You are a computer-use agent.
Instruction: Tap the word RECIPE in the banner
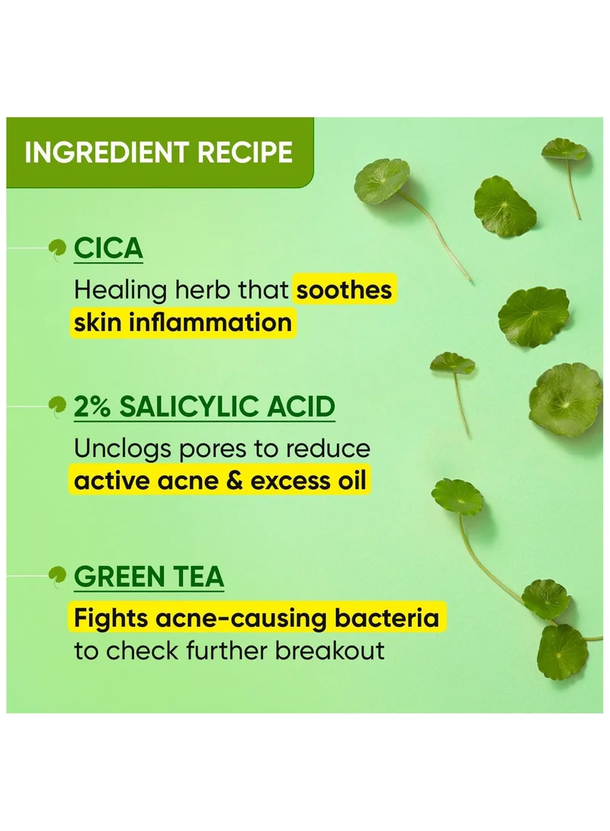coord(245,152)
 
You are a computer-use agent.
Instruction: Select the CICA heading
coord(108,248)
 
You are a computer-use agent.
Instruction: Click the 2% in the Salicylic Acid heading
coord(92,407)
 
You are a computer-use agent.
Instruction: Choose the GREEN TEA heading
coord(149,576)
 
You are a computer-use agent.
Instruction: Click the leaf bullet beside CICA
coord(57,248)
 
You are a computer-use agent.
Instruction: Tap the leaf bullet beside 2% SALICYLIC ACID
coord(57,406)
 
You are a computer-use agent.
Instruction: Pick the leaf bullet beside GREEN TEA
coord(57,576)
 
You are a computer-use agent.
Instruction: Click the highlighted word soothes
coord(344,290)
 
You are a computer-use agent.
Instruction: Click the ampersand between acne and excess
coord(234,481)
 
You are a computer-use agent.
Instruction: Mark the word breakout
coord(329,650)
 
